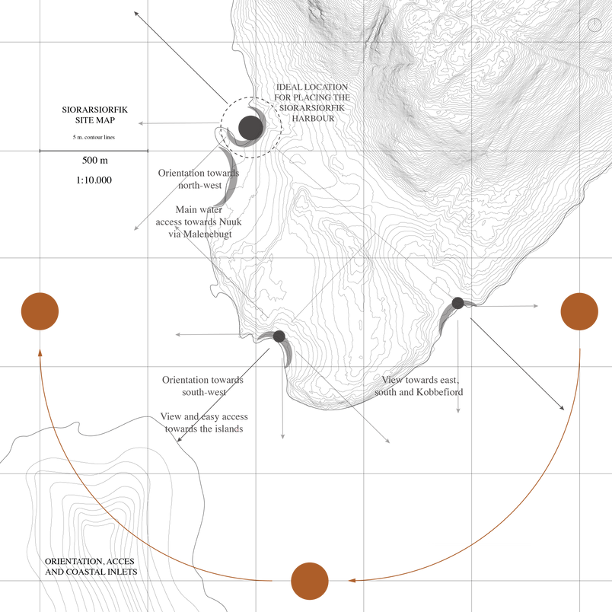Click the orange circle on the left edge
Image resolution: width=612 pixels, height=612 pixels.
(40, 311)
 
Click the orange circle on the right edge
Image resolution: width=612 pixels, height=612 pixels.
(579, 311)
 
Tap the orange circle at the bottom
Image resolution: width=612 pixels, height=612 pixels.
(310, 581)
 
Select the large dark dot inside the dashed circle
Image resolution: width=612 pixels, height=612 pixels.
(250, 128)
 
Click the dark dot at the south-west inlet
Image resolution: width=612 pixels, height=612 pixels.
(279, 336)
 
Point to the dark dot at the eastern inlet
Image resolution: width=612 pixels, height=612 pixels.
(457, 303)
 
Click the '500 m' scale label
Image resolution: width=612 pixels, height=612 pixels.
(95, 160)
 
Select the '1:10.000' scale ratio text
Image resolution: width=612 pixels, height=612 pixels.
(94, 180)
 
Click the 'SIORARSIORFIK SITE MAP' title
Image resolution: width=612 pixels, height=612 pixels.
(95, 115)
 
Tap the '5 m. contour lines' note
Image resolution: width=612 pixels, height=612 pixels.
(94, 137)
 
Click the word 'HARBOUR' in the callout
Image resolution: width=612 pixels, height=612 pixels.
(313, 118)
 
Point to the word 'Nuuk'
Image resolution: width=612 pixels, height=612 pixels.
(230, 222)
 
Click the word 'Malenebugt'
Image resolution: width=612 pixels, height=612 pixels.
(207, 234)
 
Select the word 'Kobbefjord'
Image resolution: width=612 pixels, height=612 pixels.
(440, 392)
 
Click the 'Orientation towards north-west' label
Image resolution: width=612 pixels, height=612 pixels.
(199, 179)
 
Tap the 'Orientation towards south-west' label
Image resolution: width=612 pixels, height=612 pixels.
(203, 386)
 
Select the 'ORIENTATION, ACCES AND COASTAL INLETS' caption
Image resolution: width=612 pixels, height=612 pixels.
(91, 566)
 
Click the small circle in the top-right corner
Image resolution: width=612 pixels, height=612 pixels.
(594, 24)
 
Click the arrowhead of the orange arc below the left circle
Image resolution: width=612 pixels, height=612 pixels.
(40, 352)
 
